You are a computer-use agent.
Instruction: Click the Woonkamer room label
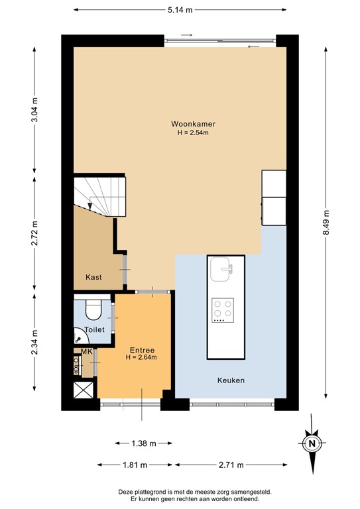[193, 124]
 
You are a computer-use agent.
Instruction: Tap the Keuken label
[231, 380]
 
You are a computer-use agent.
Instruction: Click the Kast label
[94, 277]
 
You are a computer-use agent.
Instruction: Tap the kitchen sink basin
[221, 268]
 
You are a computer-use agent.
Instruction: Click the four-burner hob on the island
[222, 310]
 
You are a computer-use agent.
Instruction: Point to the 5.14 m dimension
[180, 10]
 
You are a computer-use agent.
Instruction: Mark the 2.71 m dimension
[231, 464]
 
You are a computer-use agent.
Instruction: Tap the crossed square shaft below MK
[84, 391]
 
